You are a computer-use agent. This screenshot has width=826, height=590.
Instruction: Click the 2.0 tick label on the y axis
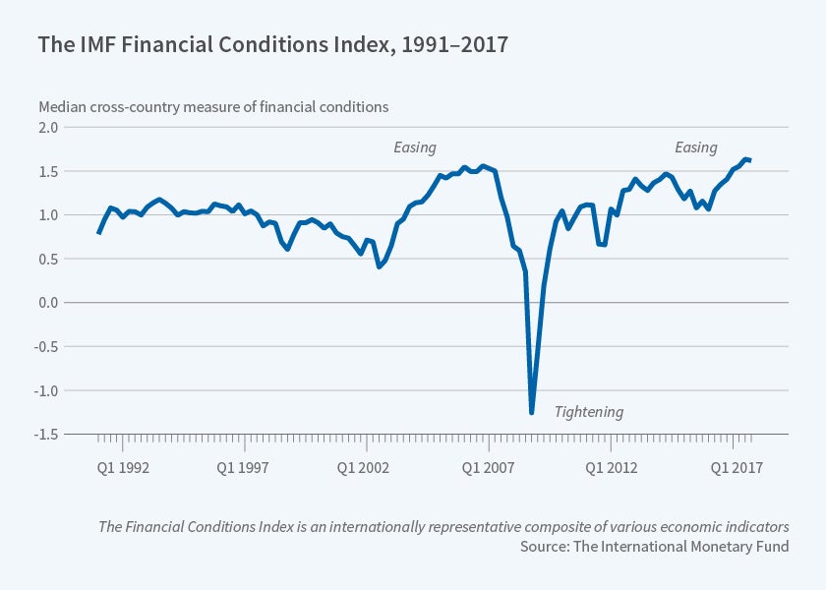point(49,128)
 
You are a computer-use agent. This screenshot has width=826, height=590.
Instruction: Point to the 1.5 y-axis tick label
point(49,171)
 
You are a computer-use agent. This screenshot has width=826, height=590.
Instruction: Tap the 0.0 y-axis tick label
point(49,303)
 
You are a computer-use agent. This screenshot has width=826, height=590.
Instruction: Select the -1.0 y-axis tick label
point(47,390)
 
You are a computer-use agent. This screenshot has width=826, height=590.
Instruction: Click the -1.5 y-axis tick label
point(47,434)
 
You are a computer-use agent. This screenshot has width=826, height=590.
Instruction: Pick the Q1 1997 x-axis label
point(243,467)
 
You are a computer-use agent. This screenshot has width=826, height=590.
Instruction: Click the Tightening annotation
point(589,412)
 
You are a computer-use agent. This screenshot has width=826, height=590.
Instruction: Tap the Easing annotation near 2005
point(415,147)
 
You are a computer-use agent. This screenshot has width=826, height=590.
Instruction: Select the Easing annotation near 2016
point(695,147)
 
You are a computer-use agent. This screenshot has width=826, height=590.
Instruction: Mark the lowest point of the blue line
point(531,413)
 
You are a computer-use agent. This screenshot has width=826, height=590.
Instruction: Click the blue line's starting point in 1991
point(98,232)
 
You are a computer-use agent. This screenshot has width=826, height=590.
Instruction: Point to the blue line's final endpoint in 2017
point(750,160)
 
